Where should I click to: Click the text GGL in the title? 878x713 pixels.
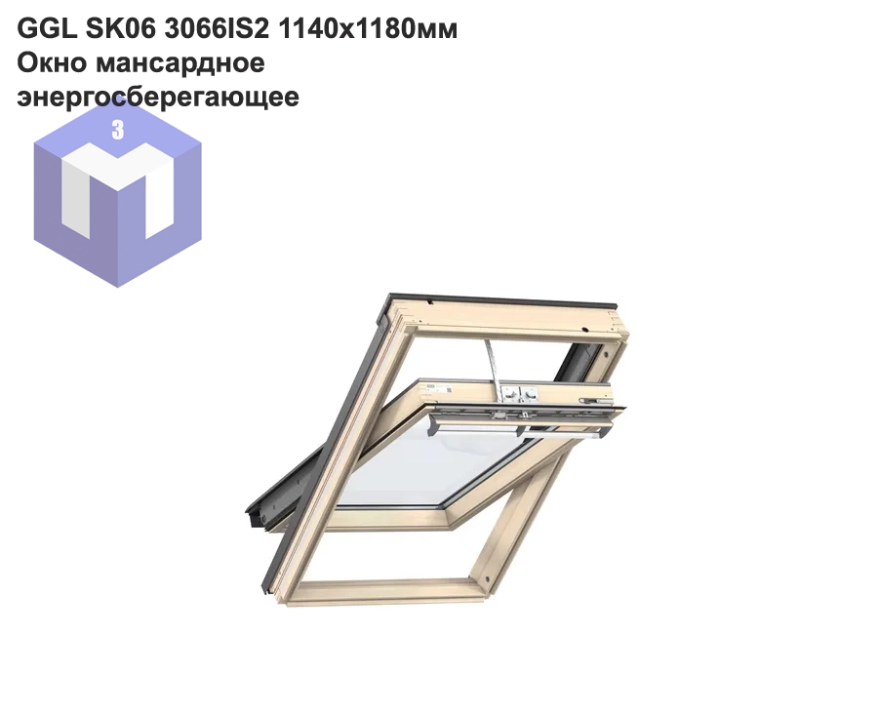pos(47,29)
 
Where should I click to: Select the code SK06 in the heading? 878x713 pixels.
pos(120,29)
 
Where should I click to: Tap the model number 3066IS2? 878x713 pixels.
pos(217,29)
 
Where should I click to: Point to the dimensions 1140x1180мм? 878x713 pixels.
pos(368,29)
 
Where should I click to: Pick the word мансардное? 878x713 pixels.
pos(180,62)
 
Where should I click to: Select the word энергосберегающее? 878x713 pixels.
pos(158,97)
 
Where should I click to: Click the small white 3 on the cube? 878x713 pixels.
pos(118,130)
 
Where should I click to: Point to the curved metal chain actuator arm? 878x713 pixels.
pos(491,363)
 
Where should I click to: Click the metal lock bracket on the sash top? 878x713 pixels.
pos(519,394)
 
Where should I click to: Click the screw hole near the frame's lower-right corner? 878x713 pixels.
pos(487,576)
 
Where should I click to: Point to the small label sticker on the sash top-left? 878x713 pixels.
pos(430,386)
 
